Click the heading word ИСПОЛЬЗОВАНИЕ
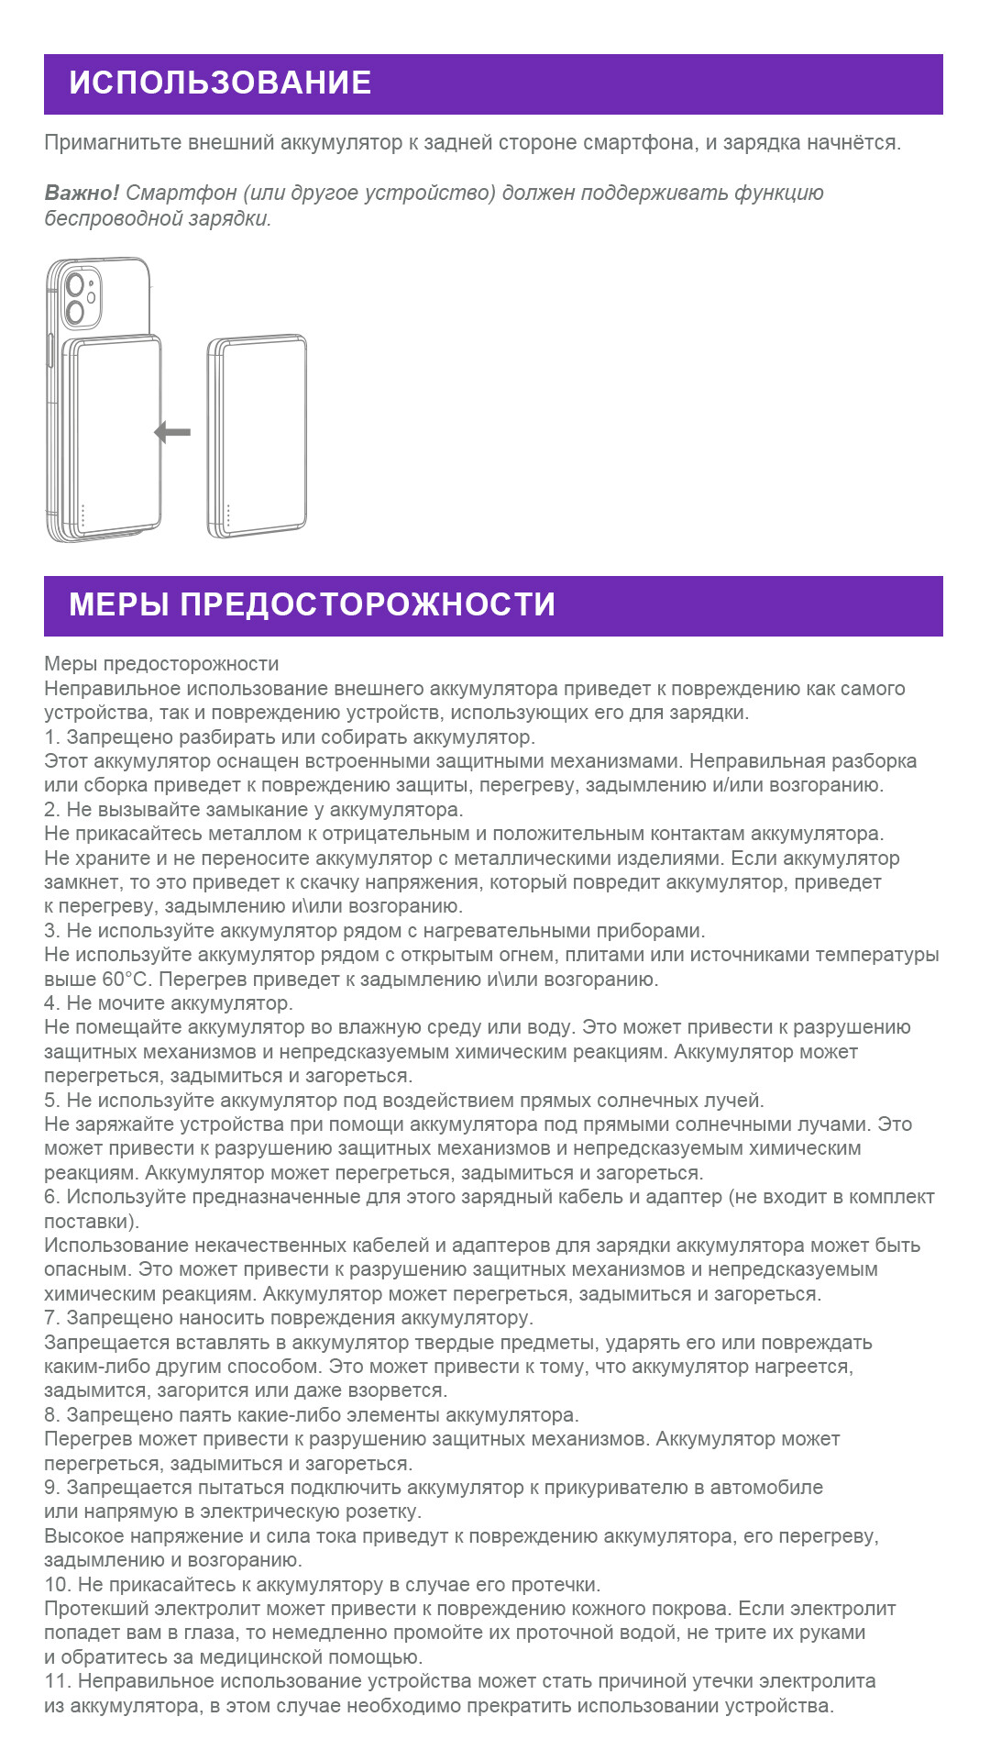(x=220, y=83)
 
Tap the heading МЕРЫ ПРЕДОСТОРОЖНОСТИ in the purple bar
(x=312, y=605)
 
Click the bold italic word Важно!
(x=82, y=194)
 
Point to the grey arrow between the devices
(x=172, y=432)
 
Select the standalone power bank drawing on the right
(x=258, y=436)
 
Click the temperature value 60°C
(x=126, y=980)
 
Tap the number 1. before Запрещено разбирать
(x=52, y=737)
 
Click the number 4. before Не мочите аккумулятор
(x=52, y=1003)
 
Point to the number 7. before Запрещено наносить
(x=52, y=1318)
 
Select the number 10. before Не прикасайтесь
(x=58, y=1585)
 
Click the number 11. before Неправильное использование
(x=58, y=1681)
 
